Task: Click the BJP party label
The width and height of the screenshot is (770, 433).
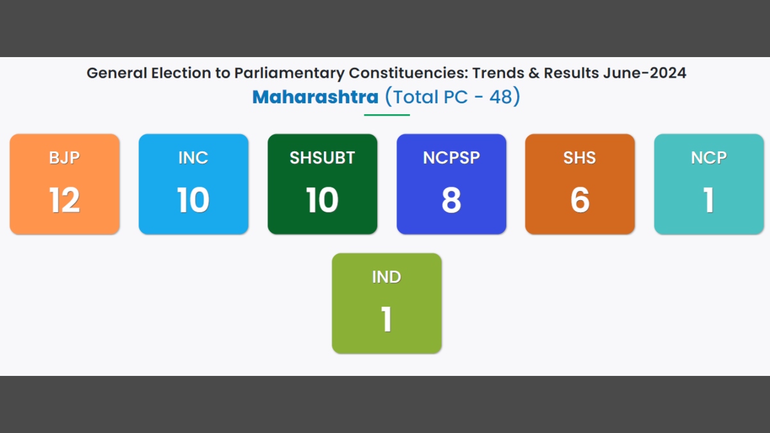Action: click(x=64, y=158)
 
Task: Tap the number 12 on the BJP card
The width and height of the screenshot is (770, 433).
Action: click(x=65, y=200)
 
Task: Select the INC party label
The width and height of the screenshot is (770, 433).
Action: click(x=193, y=158)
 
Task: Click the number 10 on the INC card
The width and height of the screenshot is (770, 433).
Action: click(x=193, y=200)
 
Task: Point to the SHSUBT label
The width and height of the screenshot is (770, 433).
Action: click(x=322, y=158)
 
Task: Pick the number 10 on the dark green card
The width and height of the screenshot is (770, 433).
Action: click(x=322, y=200)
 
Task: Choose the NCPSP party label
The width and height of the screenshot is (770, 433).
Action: click(x=451, y=158)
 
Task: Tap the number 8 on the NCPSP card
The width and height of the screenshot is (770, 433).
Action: click(x=451, y=200)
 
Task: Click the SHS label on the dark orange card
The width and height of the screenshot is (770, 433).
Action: click(x=579, y=158)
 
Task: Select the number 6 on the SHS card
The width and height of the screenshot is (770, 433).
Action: click(x=580, y=200)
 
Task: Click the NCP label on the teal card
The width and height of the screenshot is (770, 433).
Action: click(x=709, y=158)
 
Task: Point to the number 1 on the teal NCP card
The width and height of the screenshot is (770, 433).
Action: click(x=709, y=200)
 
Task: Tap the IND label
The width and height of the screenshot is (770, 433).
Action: click(x=386, y=277)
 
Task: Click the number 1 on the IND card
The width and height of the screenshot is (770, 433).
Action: click(x=387, y=319)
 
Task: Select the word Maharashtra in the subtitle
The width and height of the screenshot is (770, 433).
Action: click(x=315, y=97)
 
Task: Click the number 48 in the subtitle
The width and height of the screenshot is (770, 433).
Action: click(x=501, y=97)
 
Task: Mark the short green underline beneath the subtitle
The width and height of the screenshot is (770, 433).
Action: click(x=387, y=115)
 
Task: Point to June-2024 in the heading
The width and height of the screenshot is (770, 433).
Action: click(x=644, y=73)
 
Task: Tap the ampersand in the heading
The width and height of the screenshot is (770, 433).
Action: click(x=534, y=73)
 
